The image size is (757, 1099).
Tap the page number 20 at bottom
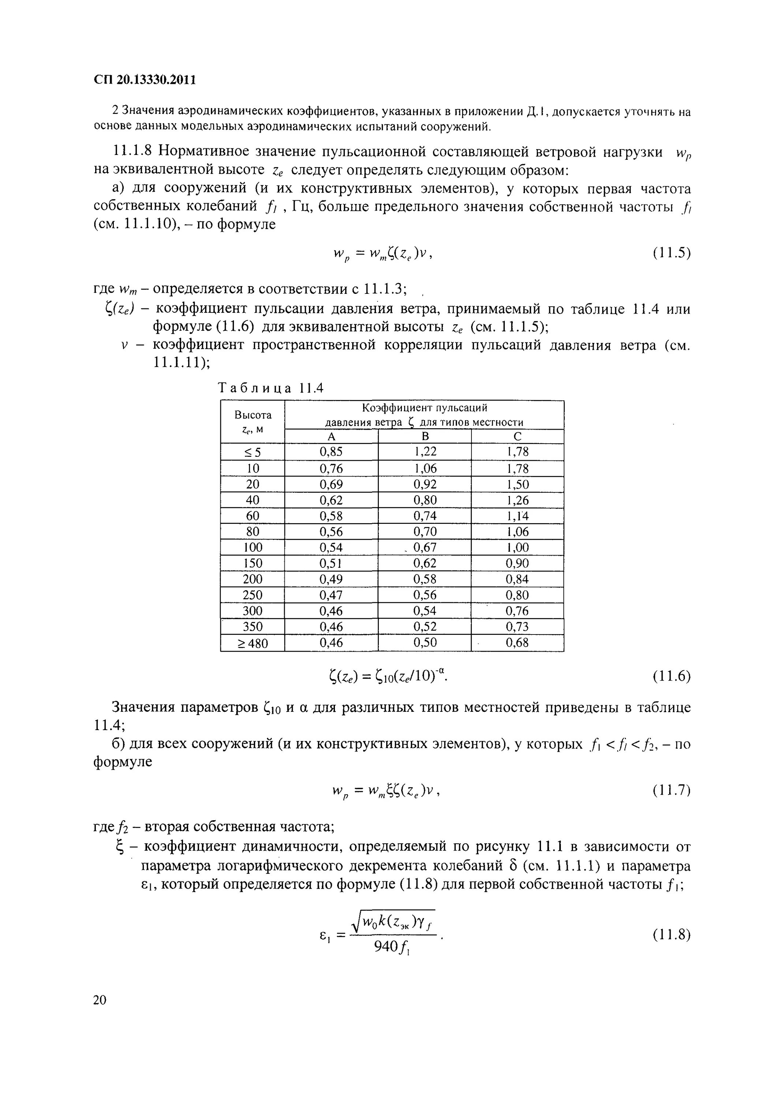100,1000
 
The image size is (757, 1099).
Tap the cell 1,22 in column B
425,452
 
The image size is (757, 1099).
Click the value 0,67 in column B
425,547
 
